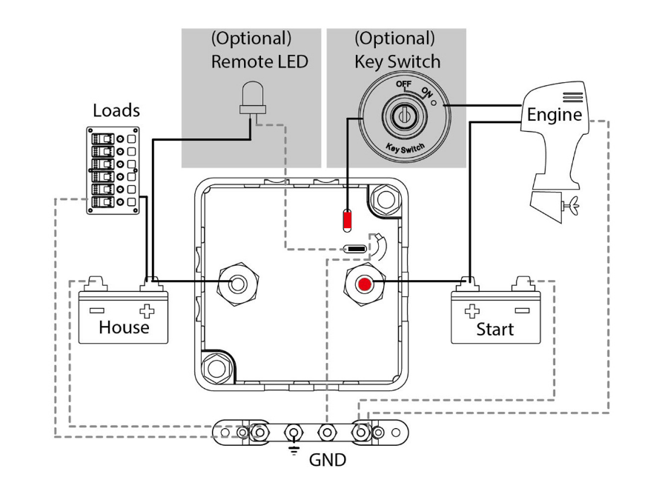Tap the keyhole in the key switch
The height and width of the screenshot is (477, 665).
404,115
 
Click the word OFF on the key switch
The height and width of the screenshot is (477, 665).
403,84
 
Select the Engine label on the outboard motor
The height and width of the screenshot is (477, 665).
554,115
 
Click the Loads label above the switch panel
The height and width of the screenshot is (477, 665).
116,110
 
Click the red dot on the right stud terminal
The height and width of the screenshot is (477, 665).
364,284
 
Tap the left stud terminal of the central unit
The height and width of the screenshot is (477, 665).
238,283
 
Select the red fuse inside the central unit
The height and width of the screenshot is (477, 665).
348,220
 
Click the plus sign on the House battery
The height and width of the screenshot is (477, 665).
147,311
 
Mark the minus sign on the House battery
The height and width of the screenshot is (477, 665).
97,311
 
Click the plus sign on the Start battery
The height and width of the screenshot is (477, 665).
472,311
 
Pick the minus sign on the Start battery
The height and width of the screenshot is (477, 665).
522,311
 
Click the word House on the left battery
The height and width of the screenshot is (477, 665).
124,327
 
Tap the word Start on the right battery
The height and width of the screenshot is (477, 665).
495,329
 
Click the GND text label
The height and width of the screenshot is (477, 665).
328,460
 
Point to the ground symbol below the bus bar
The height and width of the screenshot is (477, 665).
294,450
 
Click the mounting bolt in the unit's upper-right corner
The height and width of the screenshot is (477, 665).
386,199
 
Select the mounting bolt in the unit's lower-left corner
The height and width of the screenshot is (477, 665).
217,367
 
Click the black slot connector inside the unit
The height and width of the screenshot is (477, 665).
355,248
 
